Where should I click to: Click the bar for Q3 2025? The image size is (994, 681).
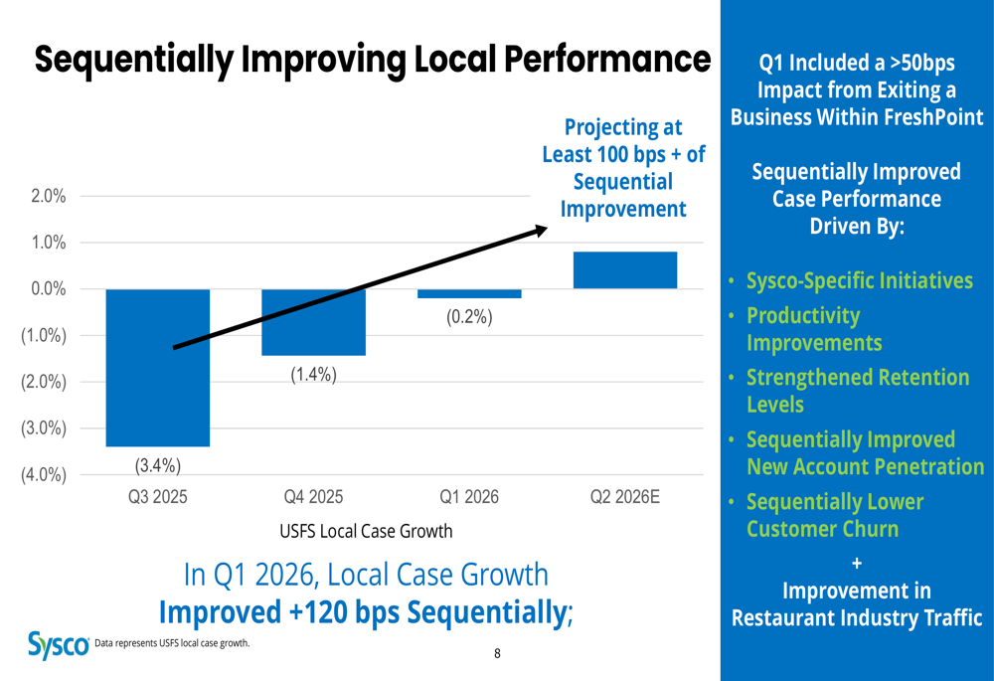click(158, 368)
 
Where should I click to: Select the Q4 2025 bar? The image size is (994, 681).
click(313, 322)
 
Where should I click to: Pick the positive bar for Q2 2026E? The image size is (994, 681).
click(625, 270)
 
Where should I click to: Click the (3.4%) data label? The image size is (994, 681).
click(158, 464)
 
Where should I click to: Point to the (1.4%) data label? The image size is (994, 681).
click(313, 375)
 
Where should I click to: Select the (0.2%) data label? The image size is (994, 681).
click(469, 318)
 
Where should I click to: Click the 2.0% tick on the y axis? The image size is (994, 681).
click(48, 196)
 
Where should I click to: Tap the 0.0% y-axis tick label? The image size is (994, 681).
click(48, 289)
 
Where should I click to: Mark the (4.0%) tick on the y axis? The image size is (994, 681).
click(44, 475)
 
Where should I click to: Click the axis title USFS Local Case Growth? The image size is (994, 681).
click(366, 531)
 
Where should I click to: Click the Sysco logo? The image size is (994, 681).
click(58, 644)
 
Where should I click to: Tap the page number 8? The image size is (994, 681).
click(497, 653)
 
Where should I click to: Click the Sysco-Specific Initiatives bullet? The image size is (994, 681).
click(859, 280)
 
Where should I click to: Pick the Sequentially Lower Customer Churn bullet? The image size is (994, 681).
click(834, 515)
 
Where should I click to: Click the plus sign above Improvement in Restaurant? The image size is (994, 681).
click(857, 564)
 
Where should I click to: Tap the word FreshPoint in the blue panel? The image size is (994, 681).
click(927, 116)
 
